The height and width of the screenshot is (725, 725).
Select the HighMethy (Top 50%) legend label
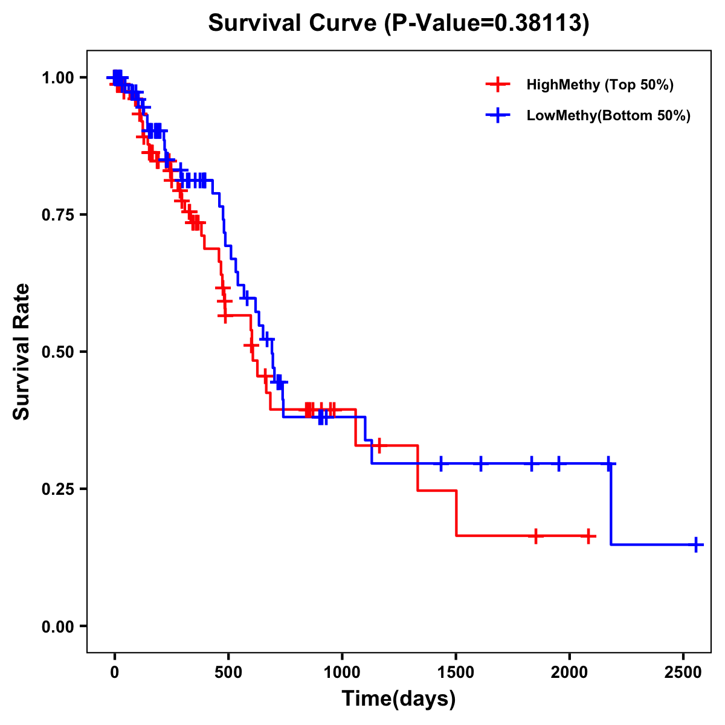[x=599, y=85]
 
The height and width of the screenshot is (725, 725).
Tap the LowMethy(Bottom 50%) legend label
[x=608, y=115]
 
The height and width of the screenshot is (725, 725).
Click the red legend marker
[x=497, y=85]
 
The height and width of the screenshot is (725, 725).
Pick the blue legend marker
[x=497, y=115]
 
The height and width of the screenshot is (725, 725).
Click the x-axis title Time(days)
[x=399, y=698]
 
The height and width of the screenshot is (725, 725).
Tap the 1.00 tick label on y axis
[x=57, y=78]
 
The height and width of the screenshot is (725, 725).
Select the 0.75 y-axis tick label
[x=57, y=215]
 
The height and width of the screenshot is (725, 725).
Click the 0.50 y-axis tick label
[x=57, y=352]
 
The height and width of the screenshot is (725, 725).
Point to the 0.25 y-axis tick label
[x=57, y=489]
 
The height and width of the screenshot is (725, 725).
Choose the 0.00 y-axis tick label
[x=57, y=627]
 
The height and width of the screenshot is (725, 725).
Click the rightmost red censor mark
[x=588, y=536]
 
